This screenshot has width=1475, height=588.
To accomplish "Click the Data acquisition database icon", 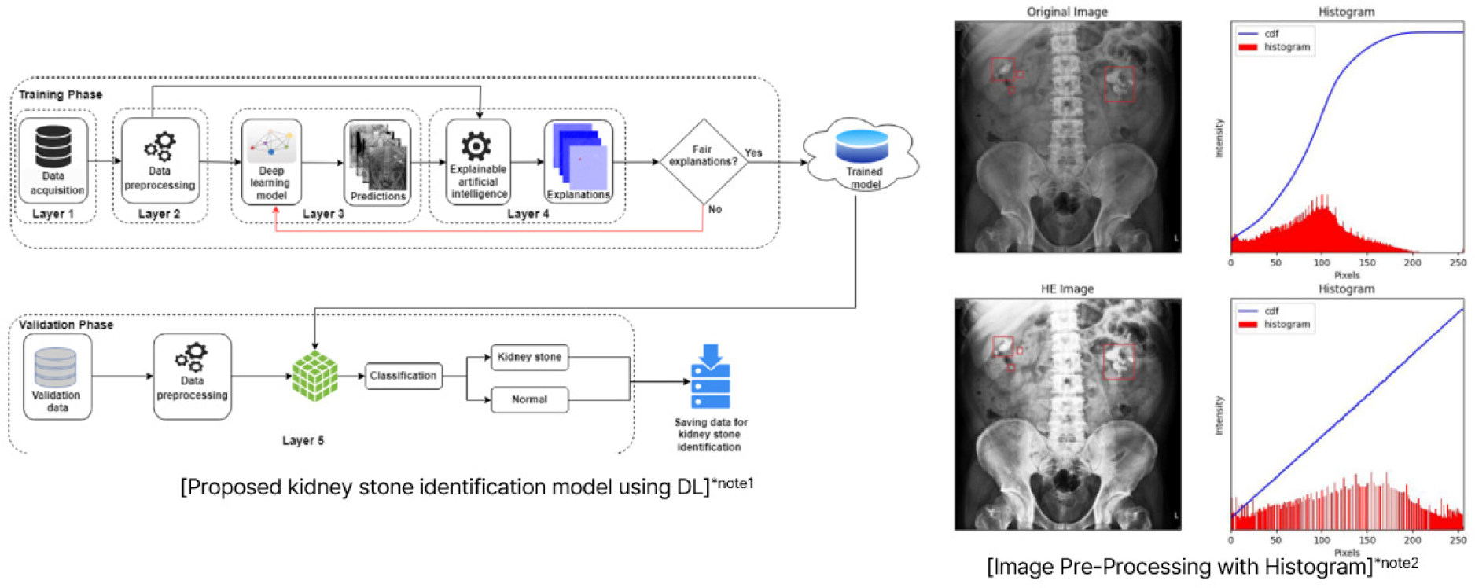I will (x=53, y=145).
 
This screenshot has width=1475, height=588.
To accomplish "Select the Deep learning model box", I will (x=271, y=162).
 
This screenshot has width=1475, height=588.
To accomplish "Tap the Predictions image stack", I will (x=377, y=162).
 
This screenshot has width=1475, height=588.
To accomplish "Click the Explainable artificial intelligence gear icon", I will (x=476, y=145).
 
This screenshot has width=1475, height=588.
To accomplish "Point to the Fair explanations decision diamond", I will (x=703, y=161).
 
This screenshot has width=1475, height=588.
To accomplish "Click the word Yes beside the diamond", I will (x=753, y=153).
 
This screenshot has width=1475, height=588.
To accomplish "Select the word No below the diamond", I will (x=715, y=209).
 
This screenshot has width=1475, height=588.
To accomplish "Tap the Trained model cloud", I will (x=862, y=156).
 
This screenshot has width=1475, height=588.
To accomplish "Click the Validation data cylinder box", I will (x=57, y=377).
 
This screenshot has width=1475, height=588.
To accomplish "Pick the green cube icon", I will (x=314, y=376).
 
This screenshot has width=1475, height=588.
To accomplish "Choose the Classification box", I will (x=403, y=376).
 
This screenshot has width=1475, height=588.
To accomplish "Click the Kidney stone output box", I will (x=529, y=357).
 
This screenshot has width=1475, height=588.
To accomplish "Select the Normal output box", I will (x=529, y=399).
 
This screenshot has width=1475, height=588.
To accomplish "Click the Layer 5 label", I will (x=303, y=440).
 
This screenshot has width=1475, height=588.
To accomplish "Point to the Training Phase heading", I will (x=61, y=94).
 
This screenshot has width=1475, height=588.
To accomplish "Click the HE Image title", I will (x=1067, y=289).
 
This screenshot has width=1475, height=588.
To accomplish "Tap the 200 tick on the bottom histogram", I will (x=1412, y=540).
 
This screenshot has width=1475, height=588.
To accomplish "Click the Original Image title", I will (x=1067, y=12).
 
